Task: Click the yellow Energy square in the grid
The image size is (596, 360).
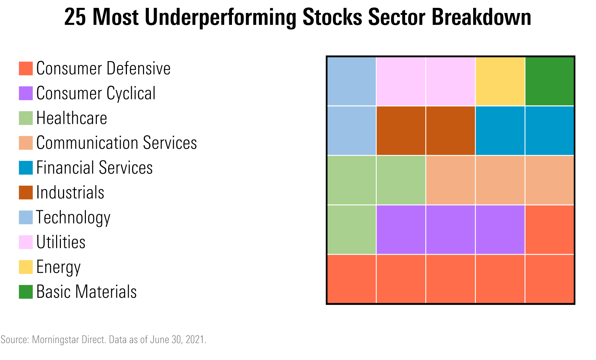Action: [500, 81]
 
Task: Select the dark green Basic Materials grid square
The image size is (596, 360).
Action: [549, 81]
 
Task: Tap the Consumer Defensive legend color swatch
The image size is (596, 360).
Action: [26, 68]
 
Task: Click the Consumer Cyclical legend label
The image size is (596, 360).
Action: [96, 93]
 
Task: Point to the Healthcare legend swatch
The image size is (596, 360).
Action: [26, 118]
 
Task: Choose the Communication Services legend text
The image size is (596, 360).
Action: [117, 143]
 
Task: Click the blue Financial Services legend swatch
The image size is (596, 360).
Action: [26, 168]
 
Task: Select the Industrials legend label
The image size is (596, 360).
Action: [70, 192]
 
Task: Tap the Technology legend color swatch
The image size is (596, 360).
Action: [26, 217]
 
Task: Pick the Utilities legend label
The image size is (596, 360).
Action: [61, 242]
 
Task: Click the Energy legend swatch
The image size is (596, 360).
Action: [26, 267]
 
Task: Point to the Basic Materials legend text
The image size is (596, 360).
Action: [87, 292]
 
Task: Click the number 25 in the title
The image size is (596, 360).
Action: [75, 17]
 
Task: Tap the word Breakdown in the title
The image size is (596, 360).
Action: [481, 17]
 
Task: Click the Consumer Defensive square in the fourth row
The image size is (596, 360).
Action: [549, 230]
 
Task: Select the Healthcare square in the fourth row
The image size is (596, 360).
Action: [352, 230]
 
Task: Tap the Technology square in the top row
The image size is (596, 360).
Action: [352, 81]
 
